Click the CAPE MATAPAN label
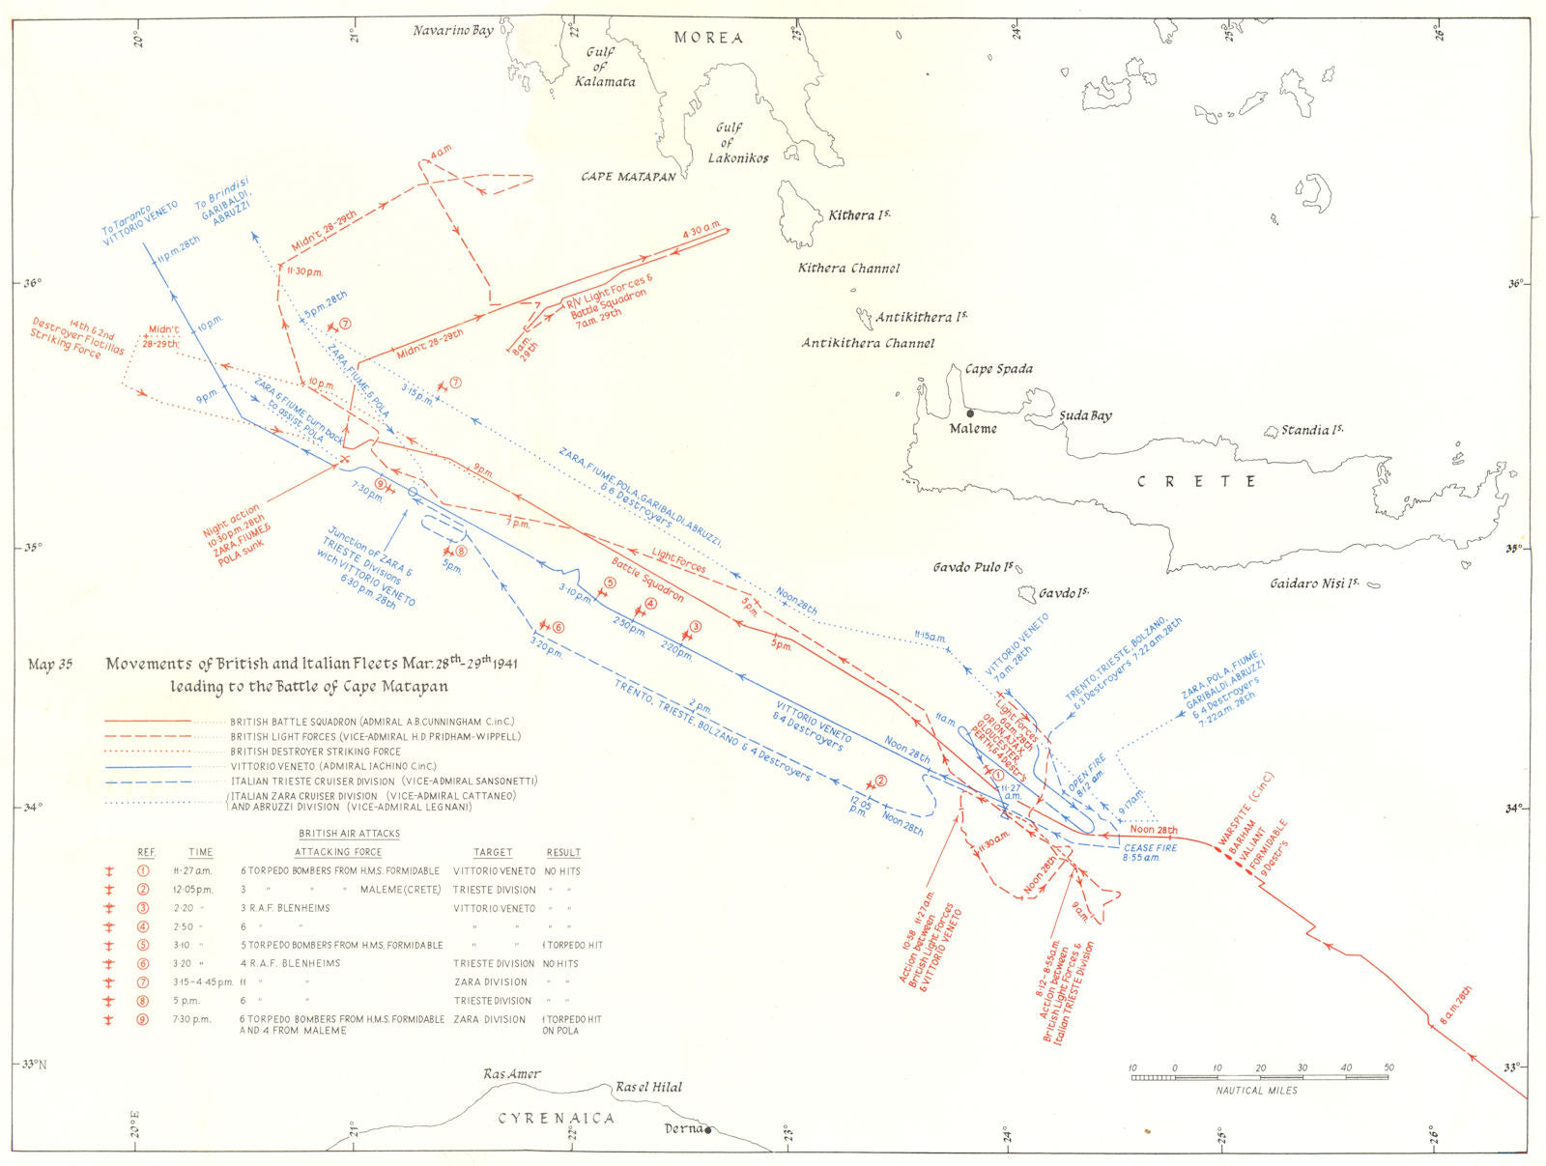click(628, 177)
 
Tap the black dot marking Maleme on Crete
click(971, 413)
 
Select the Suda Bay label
click(1087, 416)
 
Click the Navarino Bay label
click(453, 31)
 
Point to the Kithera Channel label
click(848, 269)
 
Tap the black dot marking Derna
click(708, 1130)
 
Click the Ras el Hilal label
click(648, 1087)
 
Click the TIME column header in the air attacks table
click(201, 852)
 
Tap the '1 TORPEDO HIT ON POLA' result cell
click(573, 1024)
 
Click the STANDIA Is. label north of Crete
click(1311, 430)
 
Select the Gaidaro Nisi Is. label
click(1314, 583)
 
